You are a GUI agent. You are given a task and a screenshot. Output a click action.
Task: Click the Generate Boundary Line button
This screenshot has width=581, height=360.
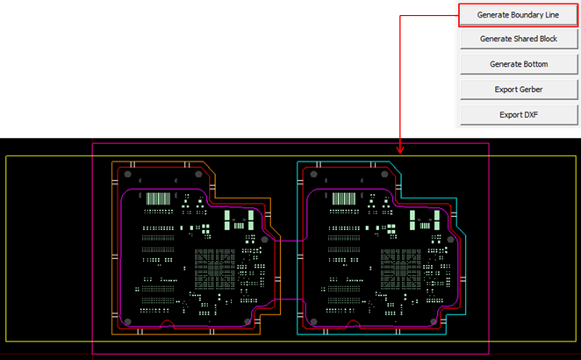[518, 14]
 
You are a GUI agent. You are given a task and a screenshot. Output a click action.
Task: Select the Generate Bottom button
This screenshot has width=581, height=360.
[518, 64]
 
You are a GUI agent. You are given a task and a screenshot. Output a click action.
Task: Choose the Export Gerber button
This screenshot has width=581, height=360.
[518, 90]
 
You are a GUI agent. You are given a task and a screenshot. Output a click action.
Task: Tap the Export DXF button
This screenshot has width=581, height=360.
[518, 114]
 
